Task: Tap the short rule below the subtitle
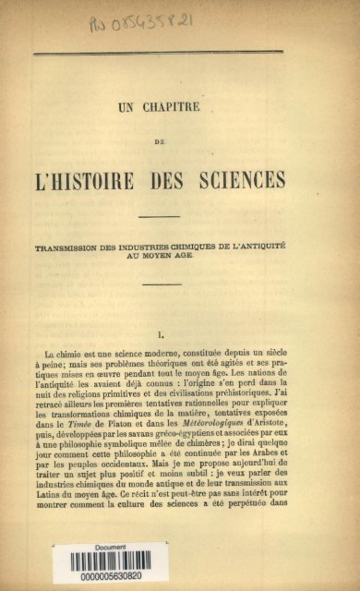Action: click(162, 284)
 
